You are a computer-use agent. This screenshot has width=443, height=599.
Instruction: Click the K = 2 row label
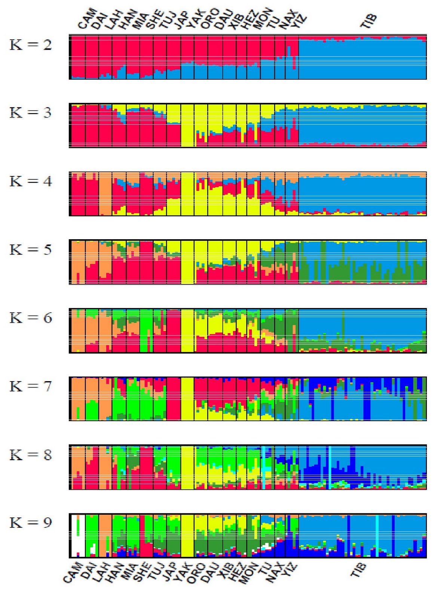coord(31,45)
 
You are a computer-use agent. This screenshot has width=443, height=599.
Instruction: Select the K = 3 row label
coord(31,113)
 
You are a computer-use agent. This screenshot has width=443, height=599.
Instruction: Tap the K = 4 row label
coord(31,181)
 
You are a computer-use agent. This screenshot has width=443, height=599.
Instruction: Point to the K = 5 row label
coord(31,250)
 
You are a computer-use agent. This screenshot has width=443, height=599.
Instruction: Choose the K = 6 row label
coord(31,318)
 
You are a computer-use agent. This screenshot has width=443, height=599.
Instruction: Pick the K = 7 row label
coord(31,386)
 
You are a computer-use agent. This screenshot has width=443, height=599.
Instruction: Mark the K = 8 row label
coord(31,455)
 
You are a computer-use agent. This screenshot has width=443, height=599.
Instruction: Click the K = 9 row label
coord(31,523)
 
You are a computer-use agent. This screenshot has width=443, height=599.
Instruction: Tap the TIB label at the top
coord(368,21)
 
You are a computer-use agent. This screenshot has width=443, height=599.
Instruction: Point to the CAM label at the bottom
coord(72,573)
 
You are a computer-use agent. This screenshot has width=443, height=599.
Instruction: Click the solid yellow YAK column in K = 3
coord(187,125)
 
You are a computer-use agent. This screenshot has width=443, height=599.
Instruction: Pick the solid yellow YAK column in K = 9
coord(187,535)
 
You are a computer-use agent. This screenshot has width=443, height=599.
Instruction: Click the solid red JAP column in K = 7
coord(174,399)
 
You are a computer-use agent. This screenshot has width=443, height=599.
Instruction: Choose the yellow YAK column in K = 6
coord(187,331)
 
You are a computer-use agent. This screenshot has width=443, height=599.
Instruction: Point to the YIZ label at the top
coord(299,21)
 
